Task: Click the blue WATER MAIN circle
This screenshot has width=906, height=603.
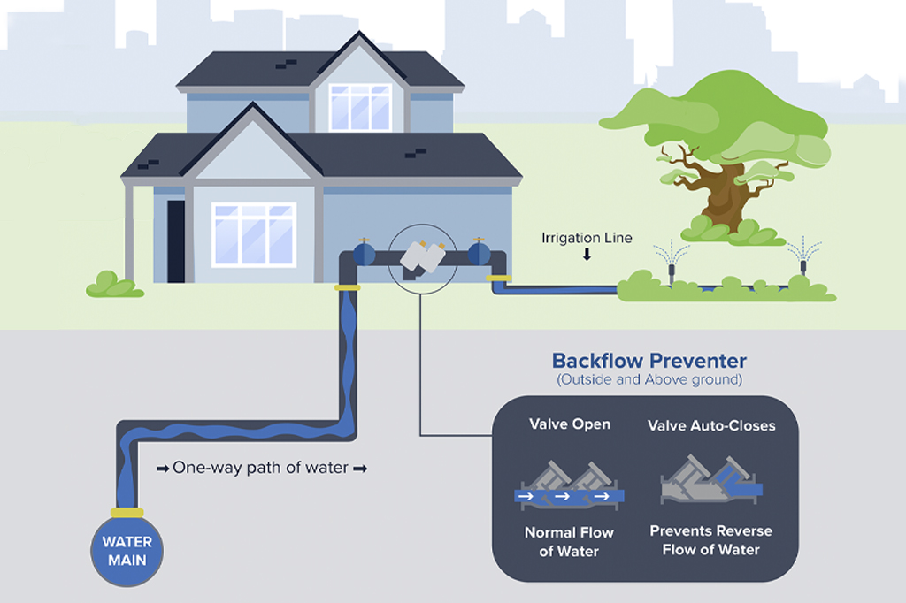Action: (127, 551)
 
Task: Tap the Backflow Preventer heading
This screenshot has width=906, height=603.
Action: (649, 361)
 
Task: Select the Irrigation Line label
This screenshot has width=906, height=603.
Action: (587, 238)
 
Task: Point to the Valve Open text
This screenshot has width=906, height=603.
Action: (569, 424)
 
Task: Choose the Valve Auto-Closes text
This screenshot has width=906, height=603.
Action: (711, 426)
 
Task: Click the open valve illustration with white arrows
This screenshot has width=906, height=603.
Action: (570, 487)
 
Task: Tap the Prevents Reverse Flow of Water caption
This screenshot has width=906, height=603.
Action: (711, 540)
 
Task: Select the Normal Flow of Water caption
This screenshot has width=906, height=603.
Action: (569, 542)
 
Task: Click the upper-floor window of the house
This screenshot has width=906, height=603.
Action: (360, 107)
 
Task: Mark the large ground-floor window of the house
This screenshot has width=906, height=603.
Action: (254, 234)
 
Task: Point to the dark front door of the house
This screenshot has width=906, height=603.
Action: (176, 241)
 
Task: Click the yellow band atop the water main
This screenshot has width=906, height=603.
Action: (127, 512)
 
